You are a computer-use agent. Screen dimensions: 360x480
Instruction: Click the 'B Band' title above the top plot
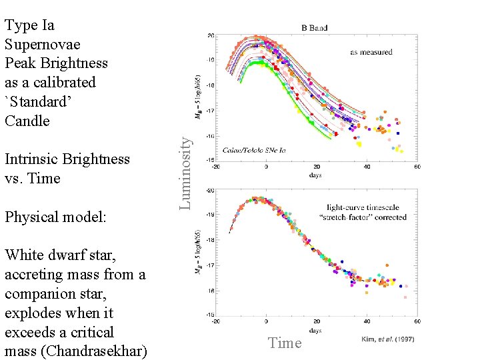point(314,28)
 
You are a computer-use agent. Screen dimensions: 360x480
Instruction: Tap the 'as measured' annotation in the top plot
point(371,52)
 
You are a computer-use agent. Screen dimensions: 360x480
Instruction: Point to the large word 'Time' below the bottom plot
point(285,343)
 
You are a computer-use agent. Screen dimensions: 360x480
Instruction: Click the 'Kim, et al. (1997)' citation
point(387,339)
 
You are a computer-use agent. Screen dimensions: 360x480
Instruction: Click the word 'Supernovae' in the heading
point(42,44)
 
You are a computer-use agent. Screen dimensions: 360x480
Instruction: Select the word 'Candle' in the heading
point(27,121)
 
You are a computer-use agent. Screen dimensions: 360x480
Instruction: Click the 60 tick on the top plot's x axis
point(417,167)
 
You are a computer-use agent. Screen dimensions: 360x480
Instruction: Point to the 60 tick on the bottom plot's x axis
point(417,321)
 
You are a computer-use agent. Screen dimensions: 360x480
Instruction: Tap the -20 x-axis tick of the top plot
point(216,167)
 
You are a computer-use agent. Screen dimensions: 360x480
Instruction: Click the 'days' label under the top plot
point(316,175)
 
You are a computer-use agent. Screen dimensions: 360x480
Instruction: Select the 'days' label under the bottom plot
point(316,330)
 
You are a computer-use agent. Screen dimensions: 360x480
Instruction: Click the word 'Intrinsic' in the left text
point(31,159)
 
